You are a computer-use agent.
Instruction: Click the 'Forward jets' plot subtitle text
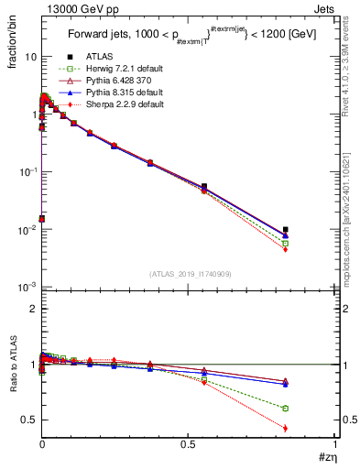coord(101,36)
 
